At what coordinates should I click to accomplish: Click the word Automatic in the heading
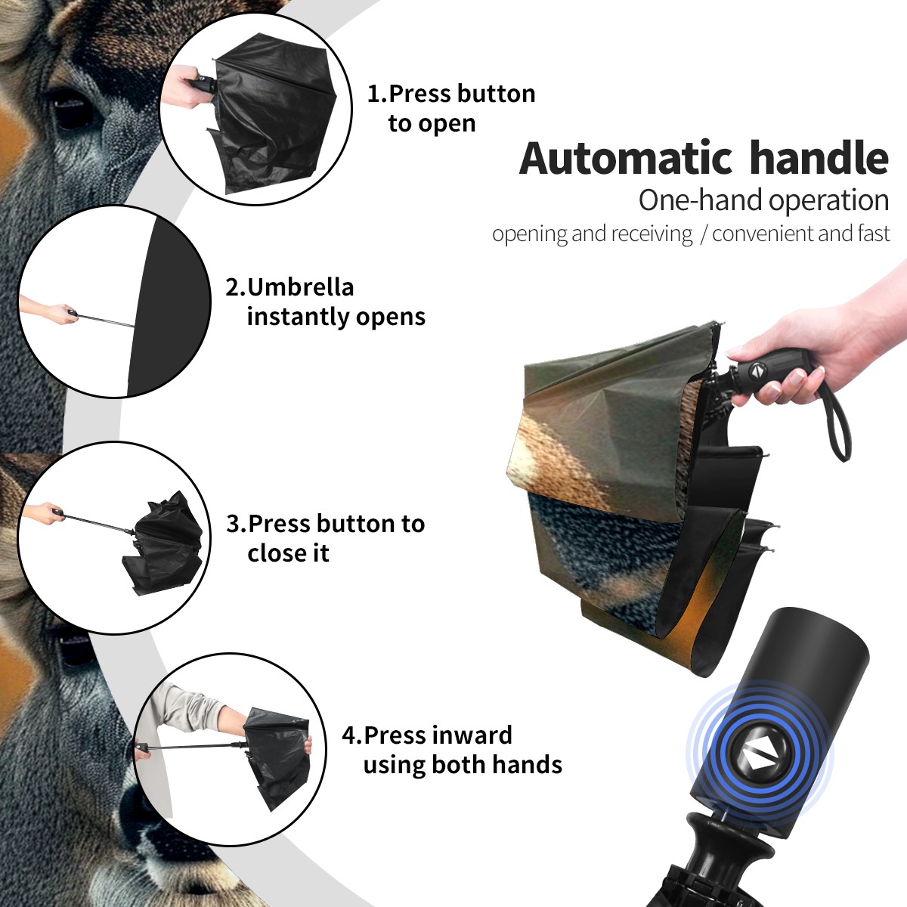pyautogui.click(x=626, y=159)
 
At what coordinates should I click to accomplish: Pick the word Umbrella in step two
pyautogui.click(x=300, y=287)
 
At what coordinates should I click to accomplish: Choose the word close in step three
pyautogui.click(x=274, y=553)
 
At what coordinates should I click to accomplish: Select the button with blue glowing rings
pyautogui.click(x=759, y=757)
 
